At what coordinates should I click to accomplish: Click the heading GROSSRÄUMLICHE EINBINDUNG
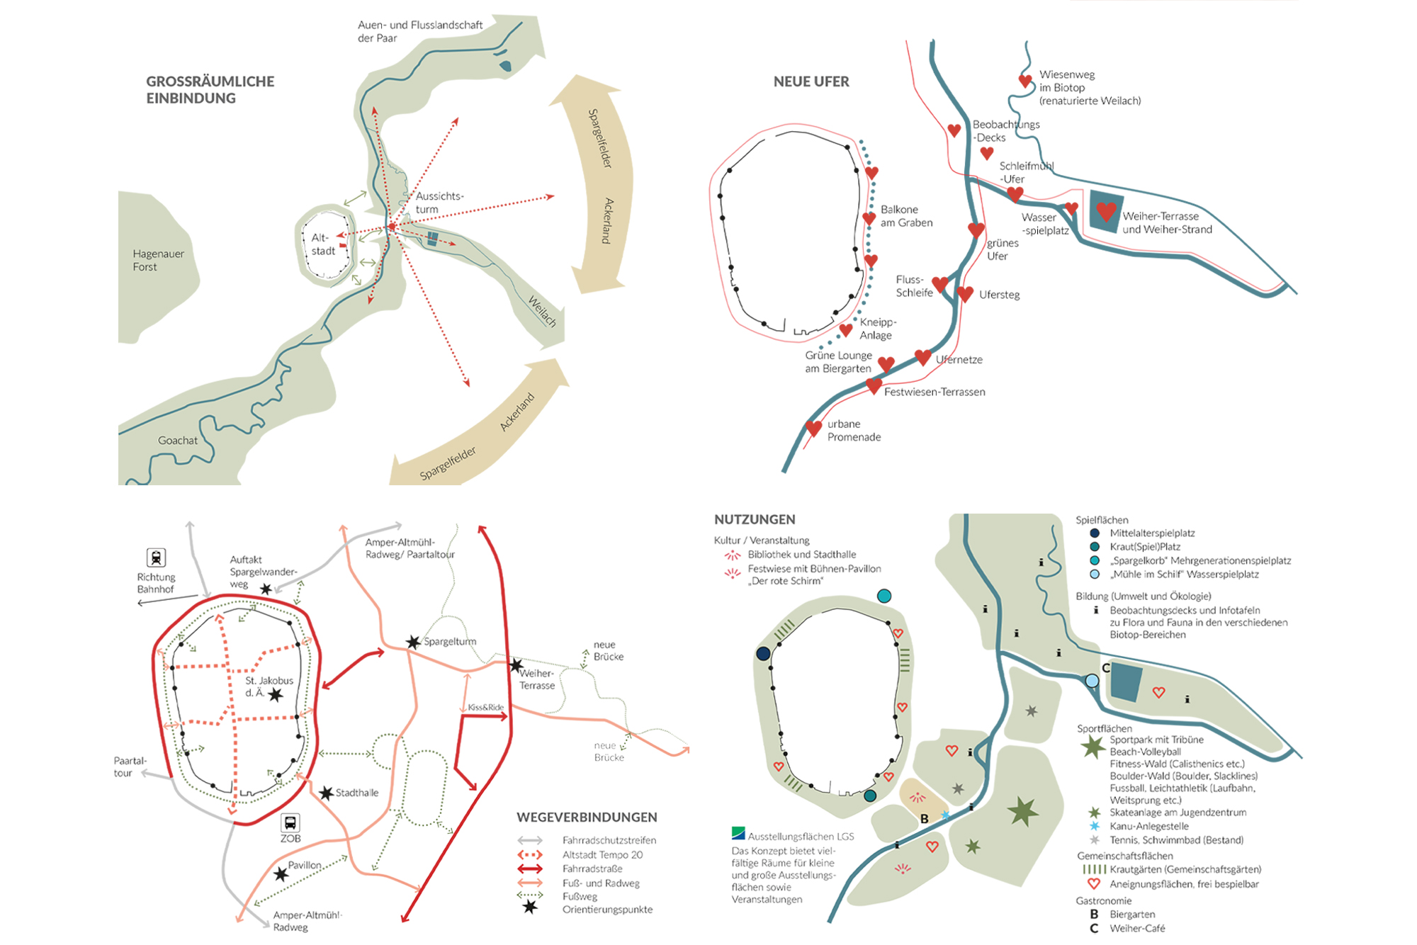[210, 90]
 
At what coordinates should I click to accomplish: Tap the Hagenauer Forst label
[158, 260]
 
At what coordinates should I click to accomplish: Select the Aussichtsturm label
[439, 203]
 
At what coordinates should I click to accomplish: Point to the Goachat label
[178, 441]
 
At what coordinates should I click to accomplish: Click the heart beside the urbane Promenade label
[813, 429]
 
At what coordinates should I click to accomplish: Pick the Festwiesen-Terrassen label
[934, 392]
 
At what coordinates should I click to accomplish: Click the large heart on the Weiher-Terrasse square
[1106, 210]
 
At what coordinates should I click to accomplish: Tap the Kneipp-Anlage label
[877, 329]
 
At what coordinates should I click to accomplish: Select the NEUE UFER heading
[811, 81]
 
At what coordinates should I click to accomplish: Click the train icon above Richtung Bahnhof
[156, 558]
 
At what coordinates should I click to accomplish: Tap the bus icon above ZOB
[290, 822]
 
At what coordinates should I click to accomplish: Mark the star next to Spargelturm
[413, 643]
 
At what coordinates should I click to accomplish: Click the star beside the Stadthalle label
[326, 793]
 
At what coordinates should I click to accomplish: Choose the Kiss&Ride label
[485, 707]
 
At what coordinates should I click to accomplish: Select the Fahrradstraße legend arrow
[530, 868]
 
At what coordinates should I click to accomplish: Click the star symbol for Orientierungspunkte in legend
[529, 907]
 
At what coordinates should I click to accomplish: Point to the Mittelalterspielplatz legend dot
[1095, 533]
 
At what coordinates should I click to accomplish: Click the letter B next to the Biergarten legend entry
[1094, 915]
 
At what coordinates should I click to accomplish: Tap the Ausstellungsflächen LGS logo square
[738, 833]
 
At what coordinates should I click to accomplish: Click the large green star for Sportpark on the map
[1022, 811]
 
